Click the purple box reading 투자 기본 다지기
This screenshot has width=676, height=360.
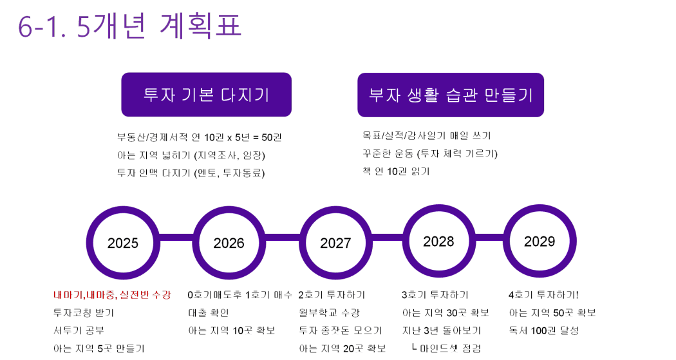pos(207,95)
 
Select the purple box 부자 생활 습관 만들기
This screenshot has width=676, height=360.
pos(451,95)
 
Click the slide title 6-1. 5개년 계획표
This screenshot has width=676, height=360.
pos(129,26)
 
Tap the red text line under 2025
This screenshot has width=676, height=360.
pos(112,295)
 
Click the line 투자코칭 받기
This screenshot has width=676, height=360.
pos(84,312)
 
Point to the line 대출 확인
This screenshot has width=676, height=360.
pos(208,312)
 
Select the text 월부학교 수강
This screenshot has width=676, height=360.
pos(329,312)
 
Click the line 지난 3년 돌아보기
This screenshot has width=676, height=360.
pos(442,330)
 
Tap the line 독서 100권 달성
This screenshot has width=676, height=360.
pos(543,330)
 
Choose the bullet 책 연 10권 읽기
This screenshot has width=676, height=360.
pos(396,171)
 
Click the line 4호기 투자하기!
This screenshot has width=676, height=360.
pos(543,295)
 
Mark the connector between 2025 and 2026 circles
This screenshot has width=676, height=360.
pos(176,238)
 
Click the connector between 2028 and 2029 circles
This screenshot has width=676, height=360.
pos(489,238)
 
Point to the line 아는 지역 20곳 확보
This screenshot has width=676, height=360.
pos(343,348)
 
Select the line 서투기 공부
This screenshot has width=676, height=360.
pos(79,330)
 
